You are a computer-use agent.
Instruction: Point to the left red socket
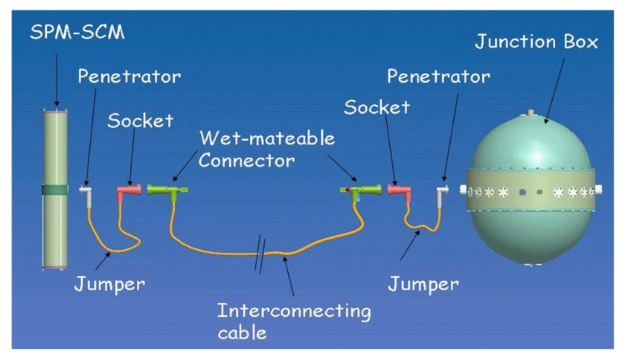point(127,192)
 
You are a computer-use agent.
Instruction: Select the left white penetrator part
point(86,192)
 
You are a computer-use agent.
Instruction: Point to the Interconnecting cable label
point(294,321)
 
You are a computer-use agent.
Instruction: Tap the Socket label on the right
point(377,107)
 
